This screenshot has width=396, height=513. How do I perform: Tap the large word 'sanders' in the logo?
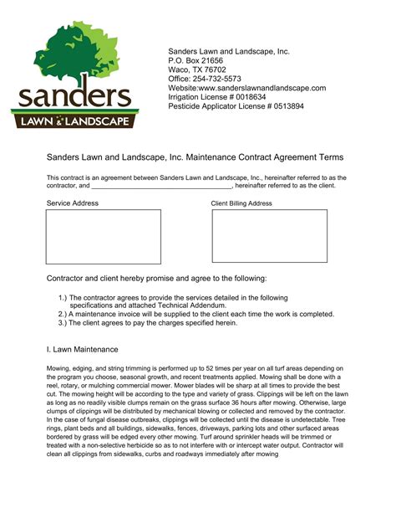point(71,97)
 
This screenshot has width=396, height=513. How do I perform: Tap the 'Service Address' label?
point(72,203)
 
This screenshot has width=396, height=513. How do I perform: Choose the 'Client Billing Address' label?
point(241,203)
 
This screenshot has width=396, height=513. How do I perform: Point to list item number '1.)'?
point(63,298)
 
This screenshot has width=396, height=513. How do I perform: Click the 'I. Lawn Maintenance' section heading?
point(82,349)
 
